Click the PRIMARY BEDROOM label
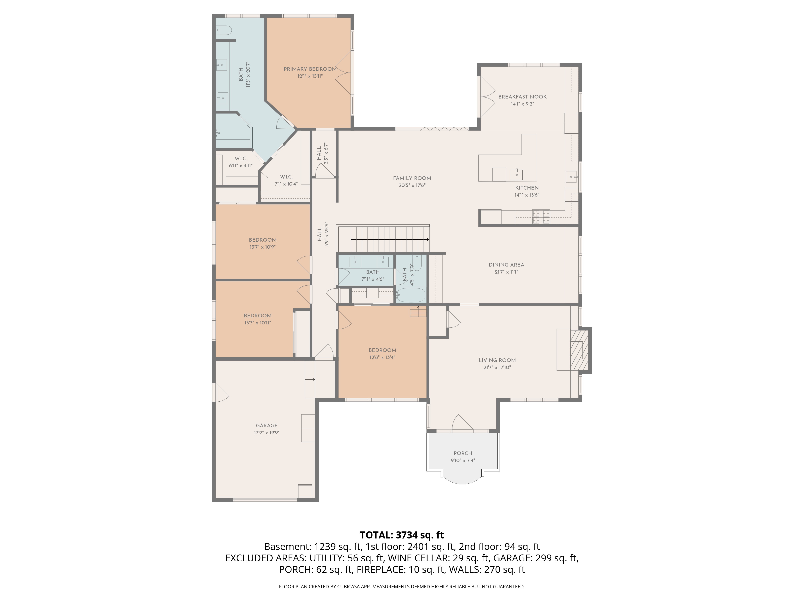[310, 69]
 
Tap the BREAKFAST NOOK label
[522, 97]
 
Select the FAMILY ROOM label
[412, 178]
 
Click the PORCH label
[463, 453]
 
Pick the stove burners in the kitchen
[541, 217]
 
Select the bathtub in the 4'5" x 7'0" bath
[410, 295]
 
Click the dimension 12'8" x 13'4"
[382, 357]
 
